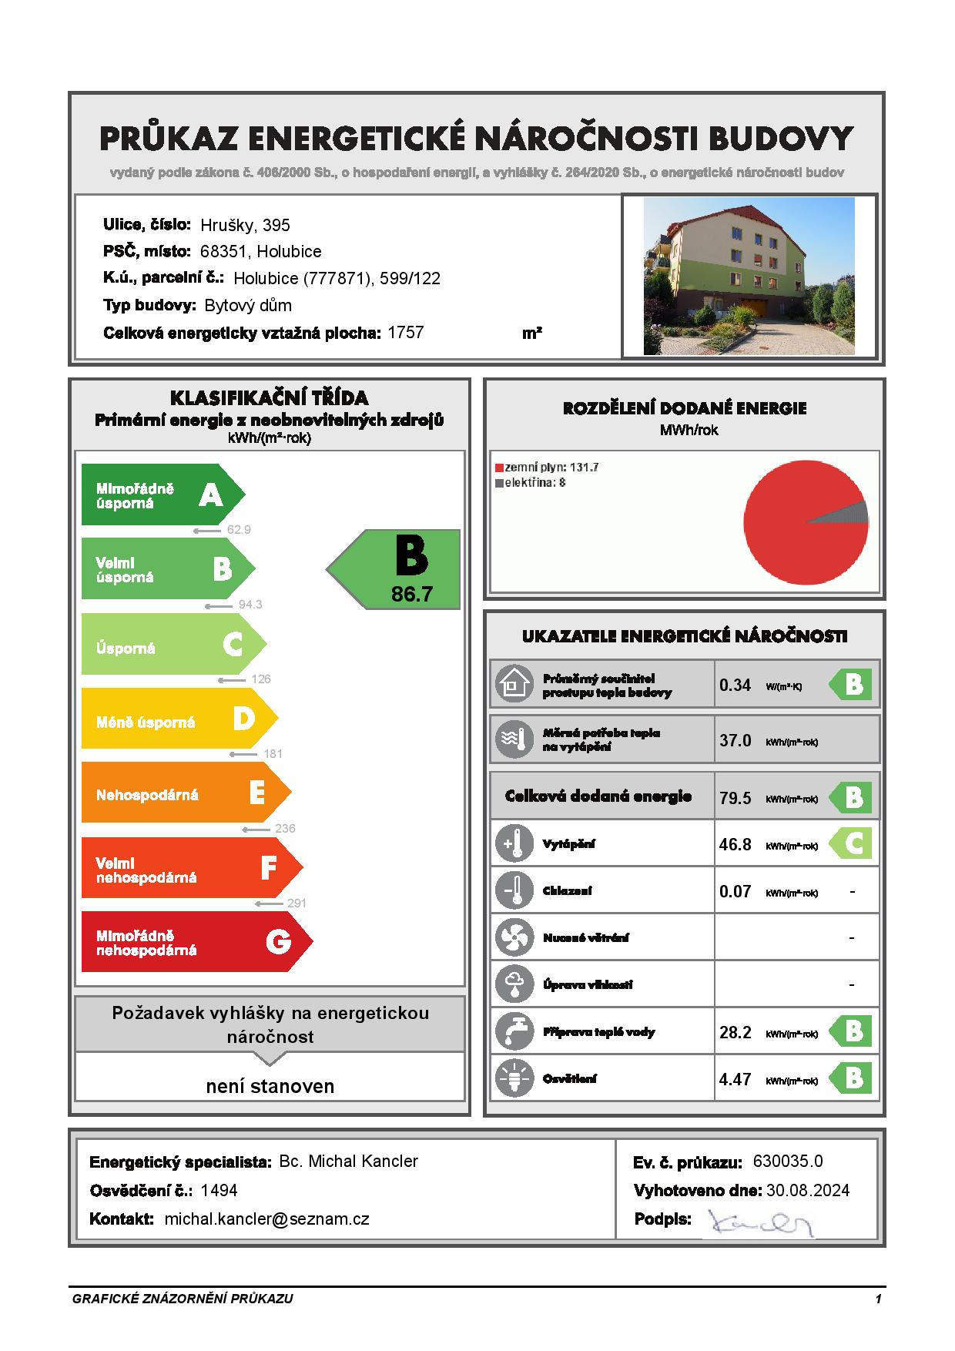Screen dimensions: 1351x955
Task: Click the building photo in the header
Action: [x=749, y=276]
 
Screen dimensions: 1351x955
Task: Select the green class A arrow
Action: [x=162, y=494]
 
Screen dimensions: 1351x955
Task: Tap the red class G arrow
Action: [x=196, y=941]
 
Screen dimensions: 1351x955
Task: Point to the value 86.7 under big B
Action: [x=412, y=594]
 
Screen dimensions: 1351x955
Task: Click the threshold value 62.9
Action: [x=239, y=530]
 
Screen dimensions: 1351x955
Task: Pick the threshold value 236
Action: [x=285, y=829]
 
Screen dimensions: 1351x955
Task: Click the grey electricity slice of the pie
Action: [x=851, y=512]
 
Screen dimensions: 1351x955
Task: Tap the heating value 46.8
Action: [x=735, y=844]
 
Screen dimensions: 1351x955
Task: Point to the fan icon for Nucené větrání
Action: [x=514, y=937]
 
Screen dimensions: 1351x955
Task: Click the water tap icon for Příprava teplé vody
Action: [x=514, y=1031]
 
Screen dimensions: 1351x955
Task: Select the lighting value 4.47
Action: [x=735, y=1079]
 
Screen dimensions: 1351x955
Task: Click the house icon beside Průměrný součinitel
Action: [x=514, y=684]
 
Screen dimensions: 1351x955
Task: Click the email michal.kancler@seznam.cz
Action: [x=266, y=1219]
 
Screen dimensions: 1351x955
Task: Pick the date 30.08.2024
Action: [x=808, y=1191]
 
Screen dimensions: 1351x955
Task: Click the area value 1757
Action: [x=406, y=333]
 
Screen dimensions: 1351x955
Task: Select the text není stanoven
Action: [x=270, y=1086]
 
